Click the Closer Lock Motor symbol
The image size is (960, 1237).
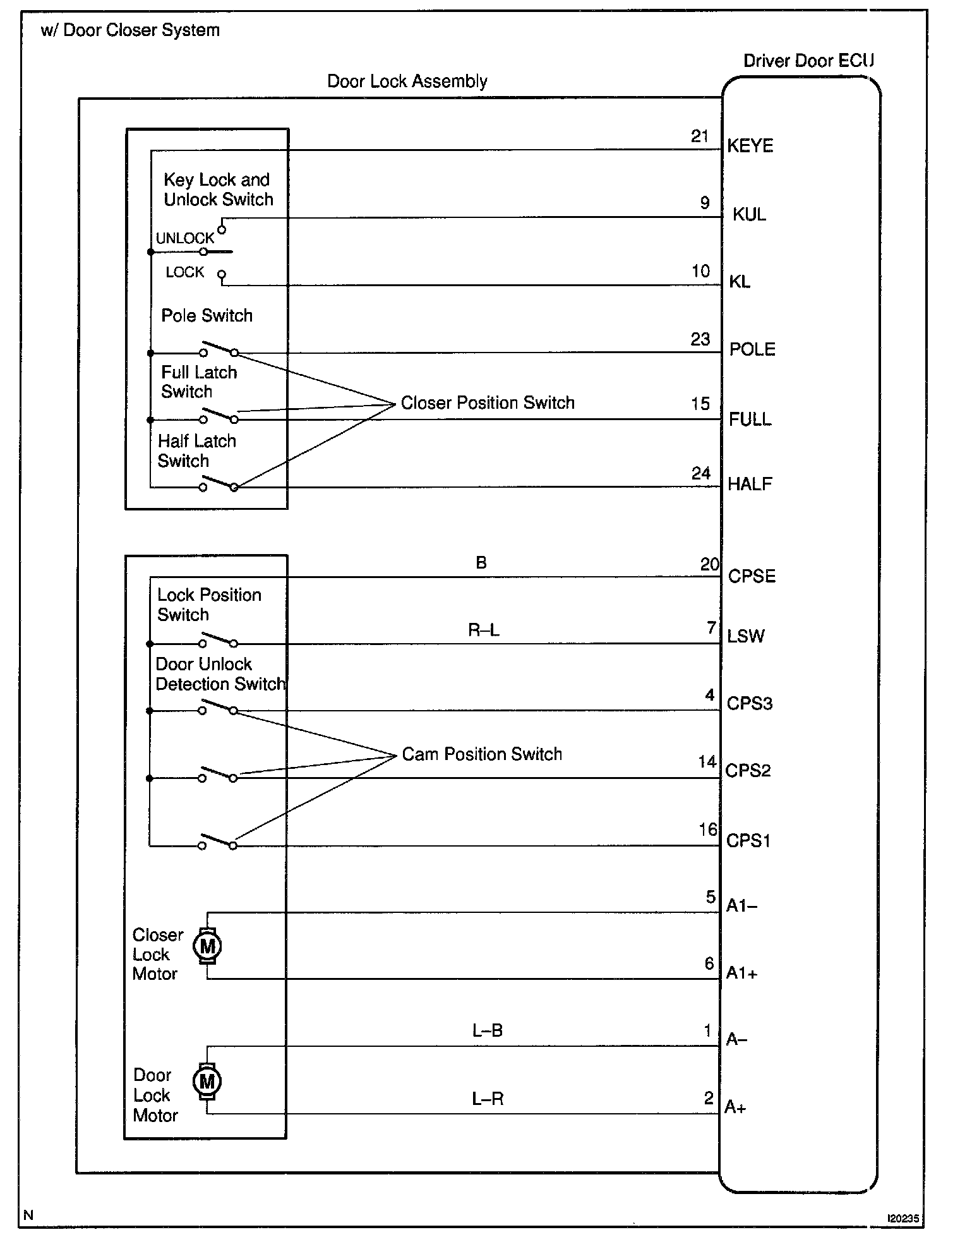[x=207, y=946]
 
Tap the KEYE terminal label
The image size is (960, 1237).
[x=750, y=146]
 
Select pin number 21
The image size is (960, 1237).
[x=700, y=136]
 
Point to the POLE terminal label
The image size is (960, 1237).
[x=752, y=349]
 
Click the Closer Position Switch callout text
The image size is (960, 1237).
[x=488, y=403]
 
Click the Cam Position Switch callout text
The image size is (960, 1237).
[x=482, y=754]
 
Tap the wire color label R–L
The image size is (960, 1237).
[x=484, y=630]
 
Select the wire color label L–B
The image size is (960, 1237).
[x=488, y=1030]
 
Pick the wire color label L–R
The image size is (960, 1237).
[x=488, y=1099]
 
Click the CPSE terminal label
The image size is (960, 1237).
[x=752, y=576]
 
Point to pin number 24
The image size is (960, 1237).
[x=701, y=473]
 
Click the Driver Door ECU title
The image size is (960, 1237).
[x=808, y=61]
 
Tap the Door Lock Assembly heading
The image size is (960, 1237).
[x=407, y=81]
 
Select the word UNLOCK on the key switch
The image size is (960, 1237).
[x=184, y=238]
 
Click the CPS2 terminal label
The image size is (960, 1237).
[x=748, y=771]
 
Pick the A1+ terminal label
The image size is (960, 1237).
[x=741, y=973]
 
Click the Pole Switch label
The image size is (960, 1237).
[x=207, y=316]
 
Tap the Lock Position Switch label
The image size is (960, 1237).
[x=208, y=605]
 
